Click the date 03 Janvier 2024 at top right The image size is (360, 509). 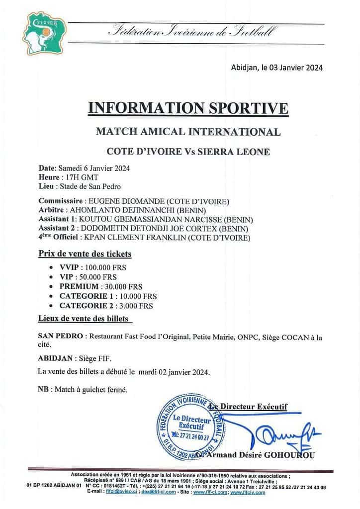tap(296, 68)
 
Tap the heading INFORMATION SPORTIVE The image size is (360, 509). tap(187, 108)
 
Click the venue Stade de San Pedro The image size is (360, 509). tap(90, 186)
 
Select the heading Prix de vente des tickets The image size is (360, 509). tap(85, 254)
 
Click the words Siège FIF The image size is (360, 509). tap(99, 358)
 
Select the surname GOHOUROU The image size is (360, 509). tap(288, 455)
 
